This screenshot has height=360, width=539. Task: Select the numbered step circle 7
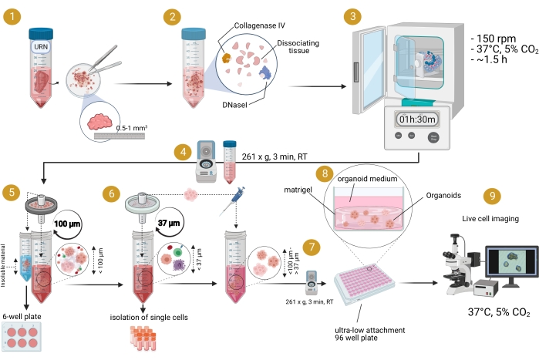311,247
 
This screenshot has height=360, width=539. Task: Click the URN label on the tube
40,47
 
